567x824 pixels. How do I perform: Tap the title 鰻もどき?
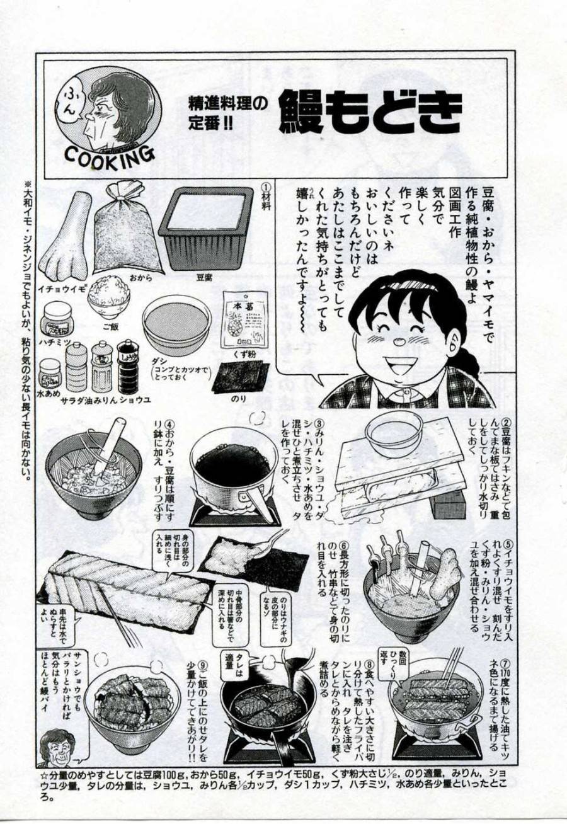pyautogui.click(x=370, y=112)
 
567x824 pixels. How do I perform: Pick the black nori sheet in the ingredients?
pyautogui.click(x=241, y=377)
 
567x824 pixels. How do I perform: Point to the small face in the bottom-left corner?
pyautogui.click(x=57, y=747)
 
